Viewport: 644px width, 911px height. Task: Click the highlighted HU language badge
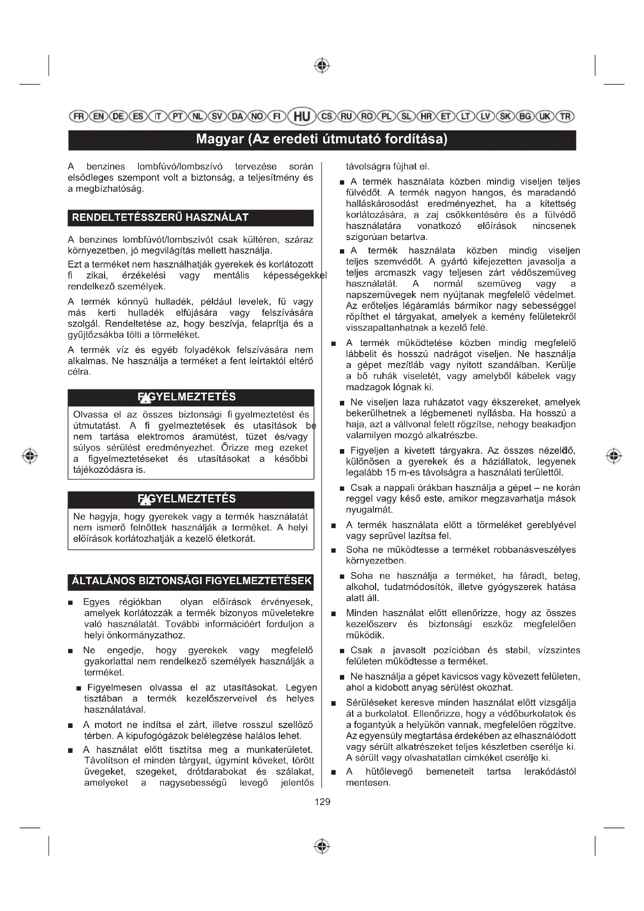[x=302, y=116]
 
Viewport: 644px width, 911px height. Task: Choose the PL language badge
[x=387, y=116]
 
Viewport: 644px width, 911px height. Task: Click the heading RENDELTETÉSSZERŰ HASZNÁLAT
[x=160, y=217]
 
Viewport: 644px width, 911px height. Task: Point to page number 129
[x=322, y=802]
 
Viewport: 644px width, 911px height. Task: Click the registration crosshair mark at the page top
[x=322, y=65]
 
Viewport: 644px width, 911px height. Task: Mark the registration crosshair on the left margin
[x=30, y=456]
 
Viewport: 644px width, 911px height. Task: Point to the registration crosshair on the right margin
[x=614, y=456]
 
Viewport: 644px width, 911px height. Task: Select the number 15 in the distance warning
[x=391, y=472]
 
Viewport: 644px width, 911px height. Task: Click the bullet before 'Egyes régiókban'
[x=70, y=603]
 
